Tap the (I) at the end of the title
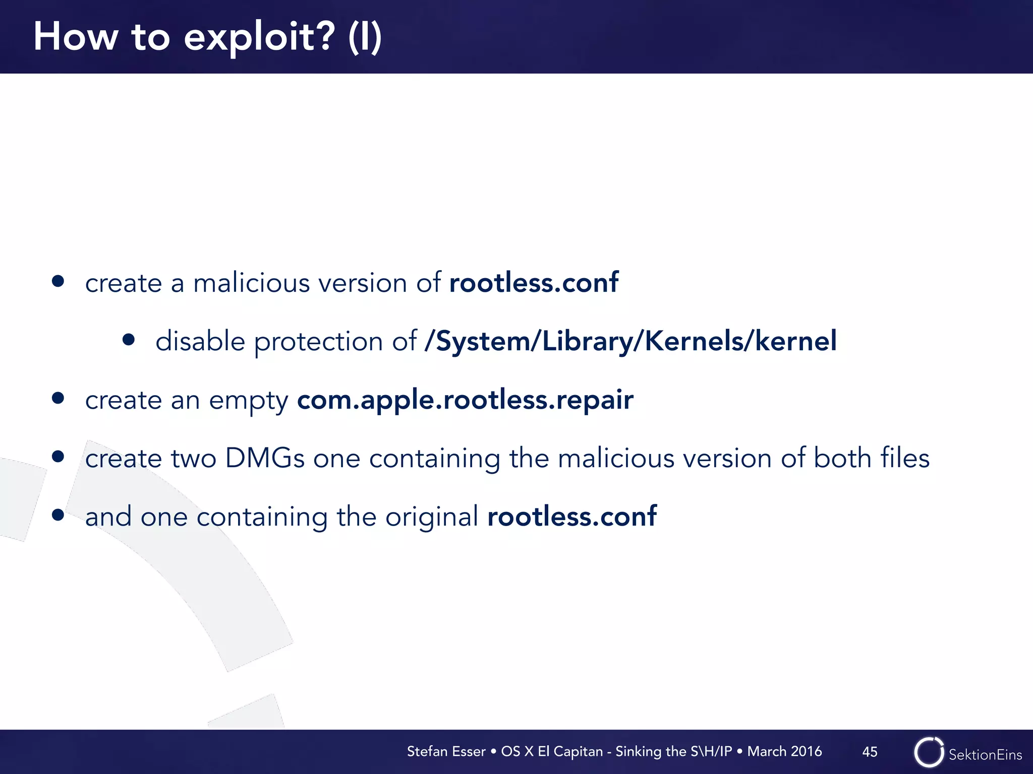[365, 37]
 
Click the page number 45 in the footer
[870, 752]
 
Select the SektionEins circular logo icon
[929, 752]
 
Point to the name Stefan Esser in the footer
[446, 751]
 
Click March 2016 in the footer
[784, 751]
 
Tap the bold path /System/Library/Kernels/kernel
[630, 341]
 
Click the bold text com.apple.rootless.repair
[465, 400]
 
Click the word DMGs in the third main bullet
[265, 459]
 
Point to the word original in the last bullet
[432, 517]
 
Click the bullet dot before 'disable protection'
[129, 340]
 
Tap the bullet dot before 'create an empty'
[58, 399]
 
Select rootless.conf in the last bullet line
[572, 517]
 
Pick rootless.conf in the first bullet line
[534, 283]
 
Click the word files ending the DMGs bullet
[905, 459]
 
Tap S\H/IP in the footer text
[711, 751]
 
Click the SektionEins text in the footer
[985, 754]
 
